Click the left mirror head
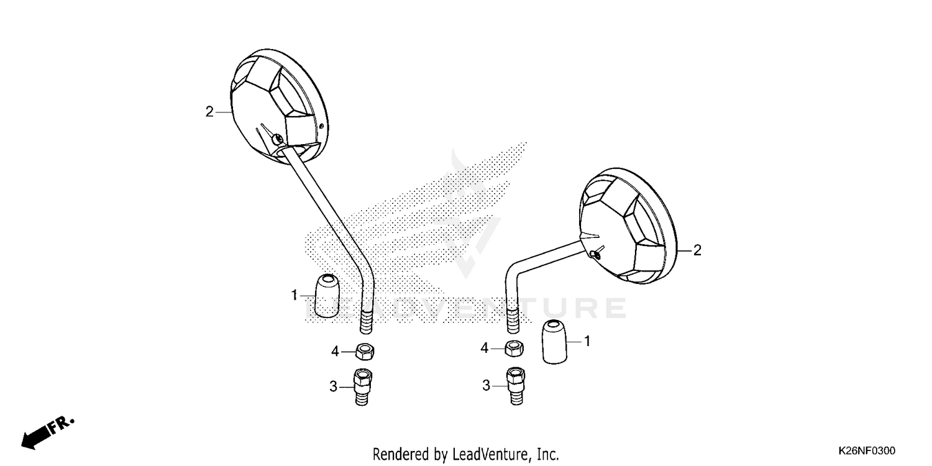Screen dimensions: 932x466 (279, 106)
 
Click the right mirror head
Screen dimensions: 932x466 (628, 226)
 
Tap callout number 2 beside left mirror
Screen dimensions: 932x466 (209, 111)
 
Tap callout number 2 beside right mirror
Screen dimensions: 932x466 (697, 250)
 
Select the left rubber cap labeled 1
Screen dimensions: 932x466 (327, 296)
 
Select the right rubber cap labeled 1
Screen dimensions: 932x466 (555, 342)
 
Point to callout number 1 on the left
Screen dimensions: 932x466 (294, 295)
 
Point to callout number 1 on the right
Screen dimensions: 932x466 (587, 342)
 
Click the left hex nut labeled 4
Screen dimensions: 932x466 (365, 352)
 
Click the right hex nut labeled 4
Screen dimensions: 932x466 (514, 348)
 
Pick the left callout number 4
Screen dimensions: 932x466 (335, 352)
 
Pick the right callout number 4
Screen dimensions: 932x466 (484, 348)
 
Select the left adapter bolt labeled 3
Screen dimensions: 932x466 (362, 387)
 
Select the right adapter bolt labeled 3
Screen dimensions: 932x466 (516, 386)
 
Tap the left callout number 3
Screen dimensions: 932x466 (333, 387)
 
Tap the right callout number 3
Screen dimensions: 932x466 (486, 386)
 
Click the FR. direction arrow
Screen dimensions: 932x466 (47, 433)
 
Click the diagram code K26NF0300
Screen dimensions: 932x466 (867, 450)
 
